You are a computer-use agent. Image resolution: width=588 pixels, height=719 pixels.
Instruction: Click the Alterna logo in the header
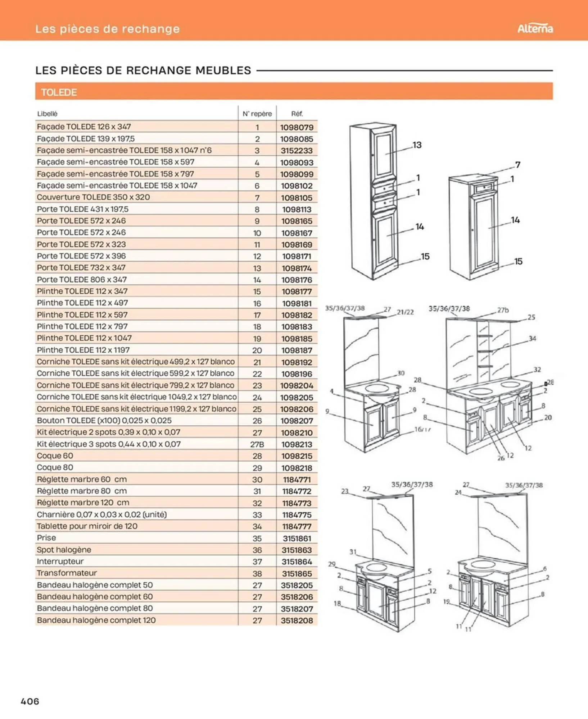535,28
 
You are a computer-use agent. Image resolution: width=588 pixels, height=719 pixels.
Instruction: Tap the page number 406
30,701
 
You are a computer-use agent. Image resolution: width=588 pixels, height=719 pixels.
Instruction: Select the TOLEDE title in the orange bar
59,92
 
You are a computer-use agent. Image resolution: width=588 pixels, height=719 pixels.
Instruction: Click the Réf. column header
297,114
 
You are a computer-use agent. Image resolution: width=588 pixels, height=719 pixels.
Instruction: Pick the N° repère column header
257,114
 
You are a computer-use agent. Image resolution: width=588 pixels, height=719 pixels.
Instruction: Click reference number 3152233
297,151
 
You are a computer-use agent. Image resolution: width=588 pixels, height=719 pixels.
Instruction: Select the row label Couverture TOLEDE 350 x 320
93,197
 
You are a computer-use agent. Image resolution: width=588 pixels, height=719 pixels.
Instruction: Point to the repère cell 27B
257,444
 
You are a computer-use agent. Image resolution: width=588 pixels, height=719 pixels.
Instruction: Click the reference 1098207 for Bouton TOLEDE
297,421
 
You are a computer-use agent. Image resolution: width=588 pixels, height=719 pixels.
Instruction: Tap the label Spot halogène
64,550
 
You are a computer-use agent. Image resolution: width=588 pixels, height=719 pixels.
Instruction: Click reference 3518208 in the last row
297,620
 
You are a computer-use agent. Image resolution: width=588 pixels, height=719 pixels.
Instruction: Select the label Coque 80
55,467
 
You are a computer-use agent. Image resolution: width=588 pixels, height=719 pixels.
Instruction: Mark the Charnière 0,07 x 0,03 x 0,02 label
101,514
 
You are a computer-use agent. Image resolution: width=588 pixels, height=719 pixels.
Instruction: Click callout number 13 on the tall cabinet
417,145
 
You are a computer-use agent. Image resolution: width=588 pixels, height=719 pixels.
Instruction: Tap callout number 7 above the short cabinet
517,165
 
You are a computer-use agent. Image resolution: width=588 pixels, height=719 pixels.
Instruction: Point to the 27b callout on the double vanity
503,310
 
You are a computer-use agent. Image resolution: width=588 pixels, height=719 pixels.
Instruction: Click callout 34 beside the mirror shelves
532,338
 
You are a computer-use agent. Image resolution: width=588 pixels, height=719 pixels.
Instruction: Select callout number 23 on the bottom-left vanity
345,491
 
